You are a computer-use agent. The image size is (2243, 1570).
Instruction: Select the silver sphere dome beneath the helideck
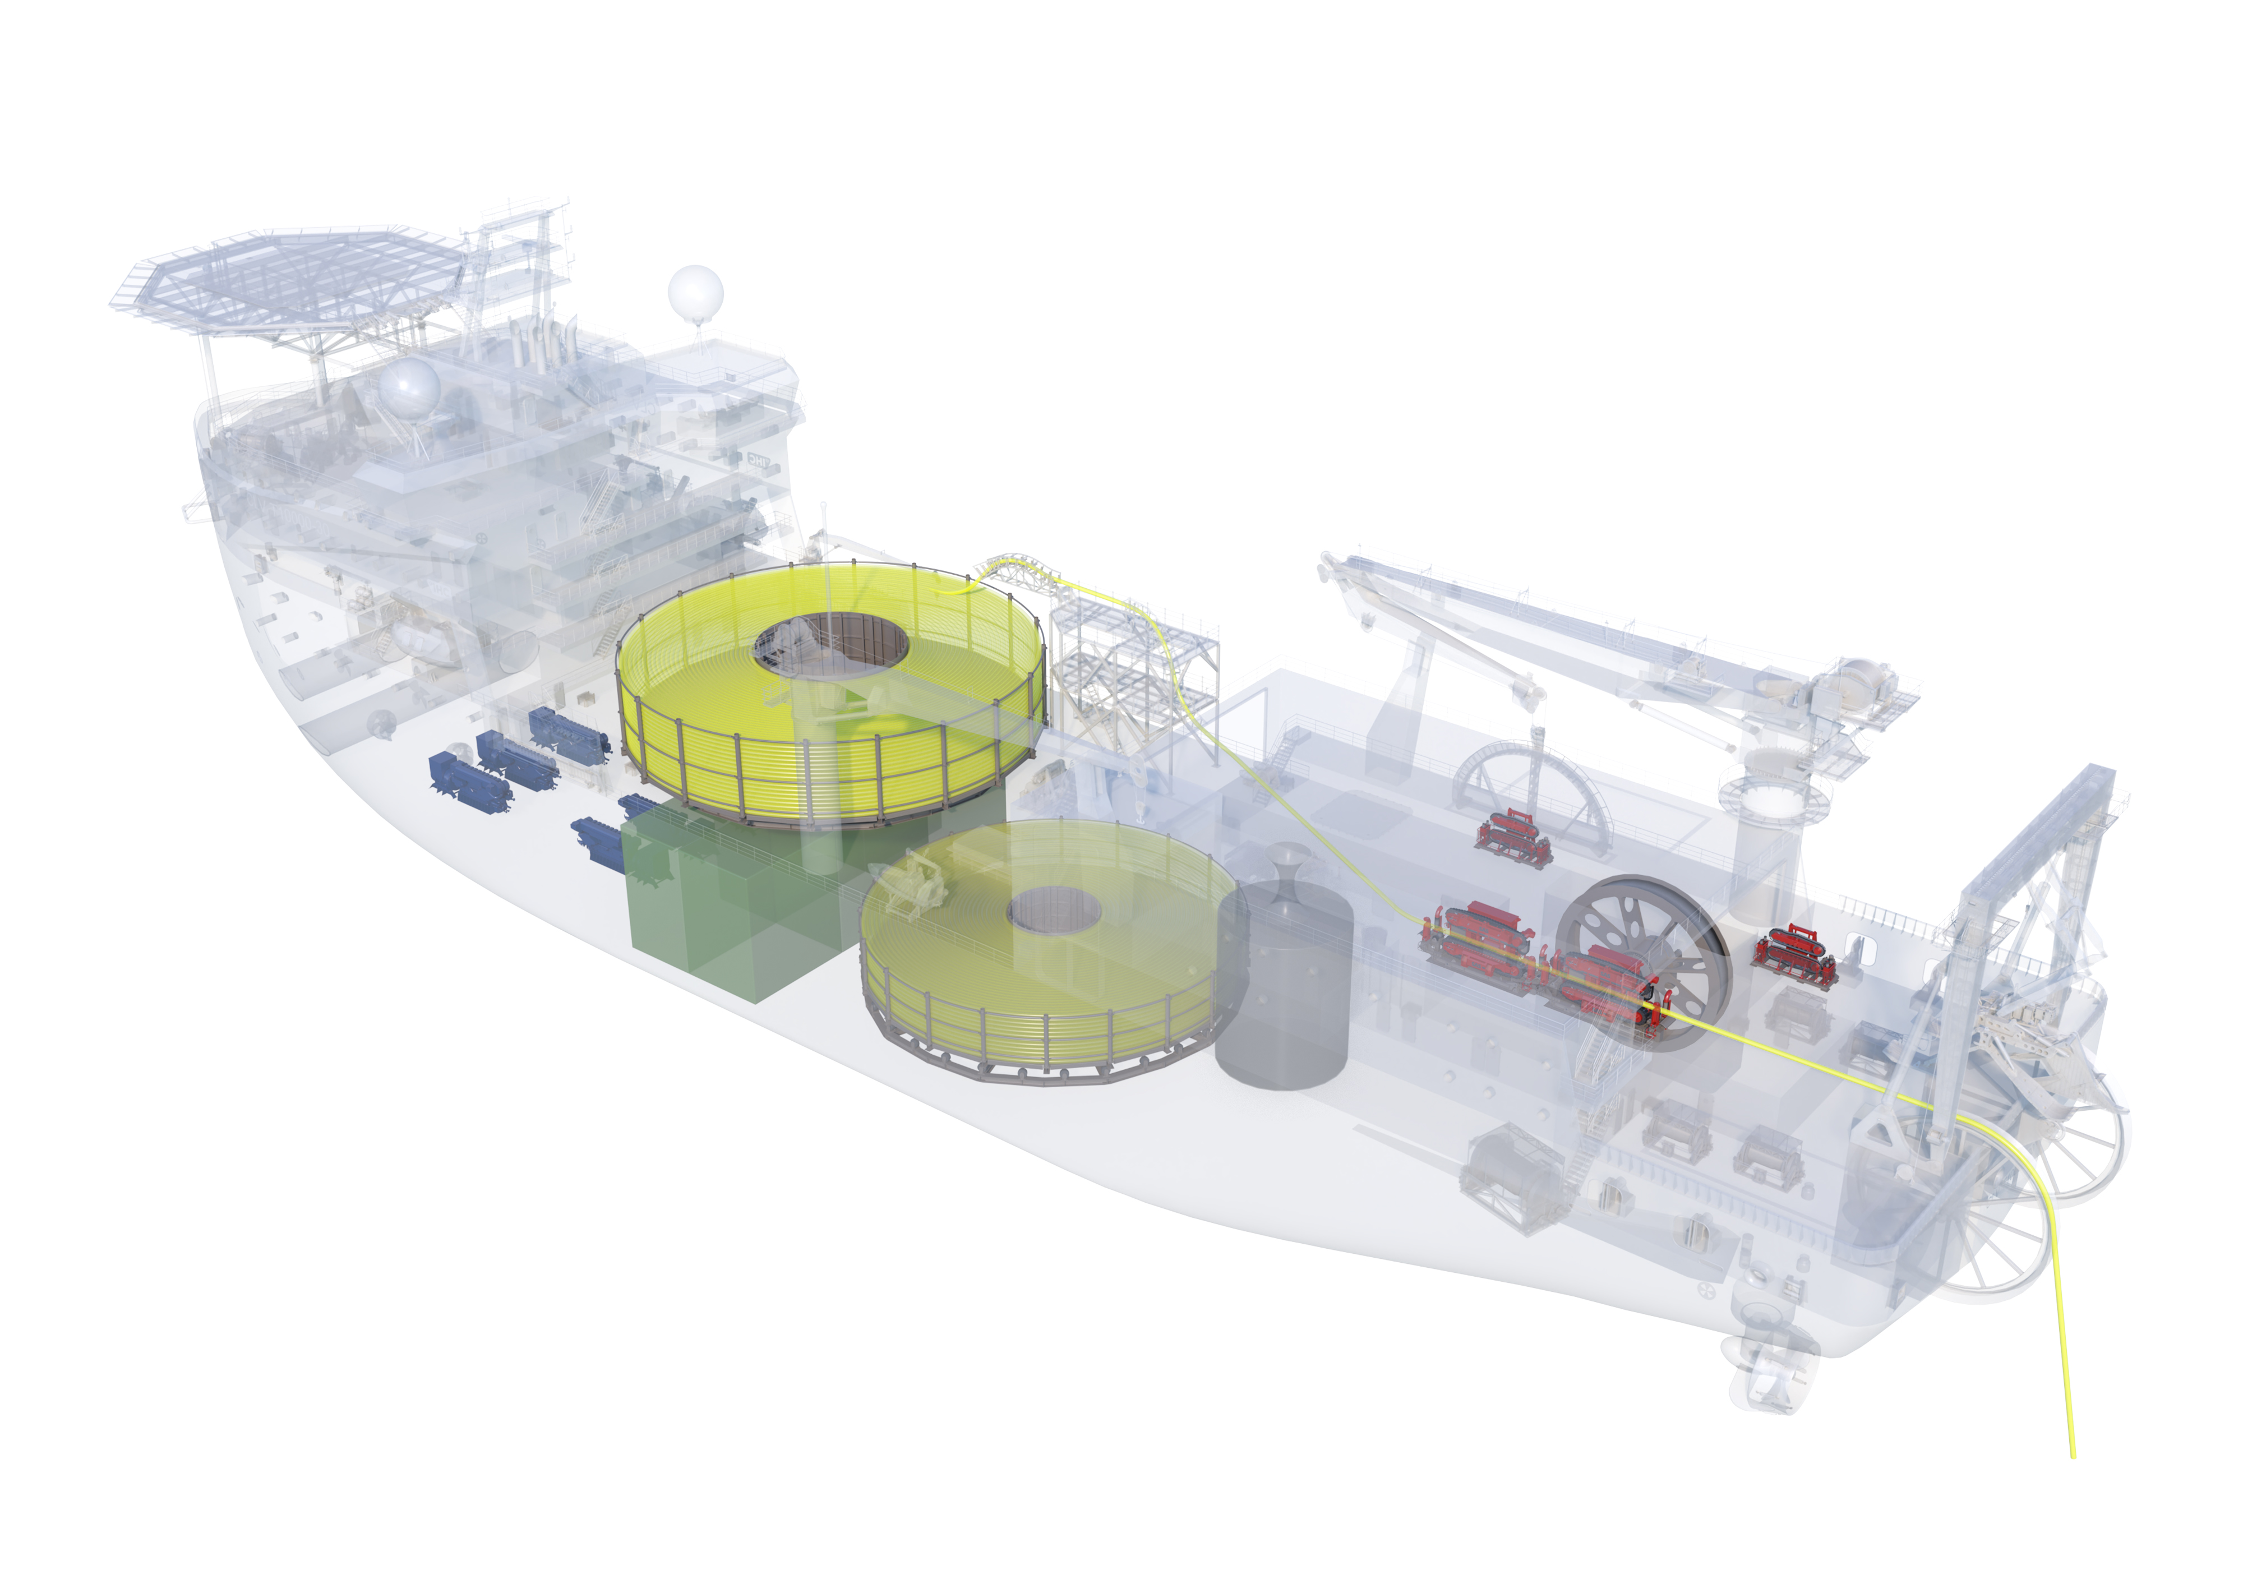[408, 389]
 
